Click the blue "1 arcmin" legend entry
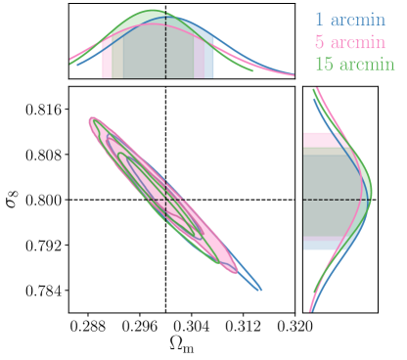coord(349,20)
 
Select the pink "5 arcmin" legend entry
coord(349,43)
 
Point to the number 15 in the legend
coord(323,66)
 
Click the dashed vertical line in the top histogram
coord(165,49)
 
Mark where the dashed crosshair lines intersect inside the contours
coord(165,200)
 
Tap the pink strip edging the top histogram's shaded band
coord(107,61)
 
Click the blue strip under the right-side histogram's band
coord(320,246)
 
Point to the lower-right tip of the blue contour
coord(260,290)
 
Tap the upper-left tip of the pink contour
coord(92,120)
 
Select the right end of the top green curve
coord(252,69)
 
